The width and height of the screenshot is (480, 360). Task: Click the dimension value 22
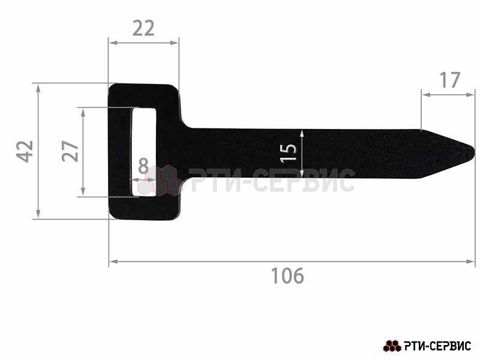click(x=143, y=28)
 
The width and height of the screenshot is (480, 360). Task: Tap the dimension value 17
click(x=449, y=80)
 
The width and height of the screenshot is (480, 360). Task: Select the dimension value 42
click(x=25, y=151)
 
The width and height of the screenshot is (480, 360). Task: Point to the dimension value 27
click(x=70, y=151)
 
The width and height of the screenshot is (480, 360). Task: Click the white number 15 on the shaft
click(x=289, y=153)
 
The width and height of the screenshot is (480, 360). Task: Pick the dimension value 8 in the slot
click(x=143, y=167)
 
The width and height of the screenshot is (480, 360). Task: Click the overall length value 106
click(x=287, y=275)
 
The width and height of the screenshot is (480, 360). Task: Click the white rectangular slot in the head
click(x=144, y=151)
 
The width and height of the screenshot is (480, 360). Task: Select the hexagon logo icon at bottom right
click(x=392, y=346)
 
